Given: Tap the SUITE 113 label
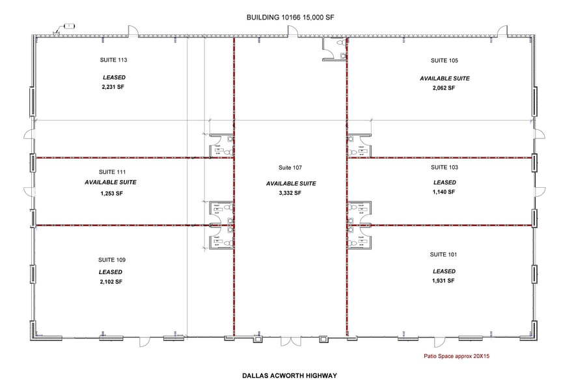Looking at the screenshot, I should click(113, 60).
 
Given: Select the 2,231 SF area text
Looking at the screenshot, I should click(113, 86).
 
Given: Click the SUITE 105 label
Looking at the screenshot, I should click(444, 60).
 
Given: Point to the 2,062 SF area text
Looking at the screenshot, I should click(444, 87).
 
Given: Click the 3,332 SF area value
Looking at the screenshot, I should click(290, 193).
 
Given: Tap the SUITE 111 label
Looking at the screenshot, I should click(111, 172).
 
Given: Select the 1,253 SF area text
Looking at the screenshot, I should click(111, 194).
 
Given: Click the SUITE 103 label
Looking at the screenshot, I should click(444, 167).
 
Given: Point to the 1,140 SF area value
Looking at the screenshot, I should click(444, 192).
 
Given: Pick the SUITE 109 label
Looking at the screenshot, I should click(111, 259).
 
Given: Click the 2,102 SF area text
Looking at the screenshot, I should click(111, 282).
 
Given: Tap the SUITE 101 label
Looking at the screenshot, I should click(444, 254).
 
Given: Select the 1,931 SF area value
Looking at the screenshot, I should click(444, 281).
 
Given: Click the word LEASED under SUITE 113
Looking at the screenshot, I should click(113, 77).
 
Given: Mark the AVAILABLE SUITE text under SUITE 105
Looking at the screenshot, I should click(444, 78).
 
